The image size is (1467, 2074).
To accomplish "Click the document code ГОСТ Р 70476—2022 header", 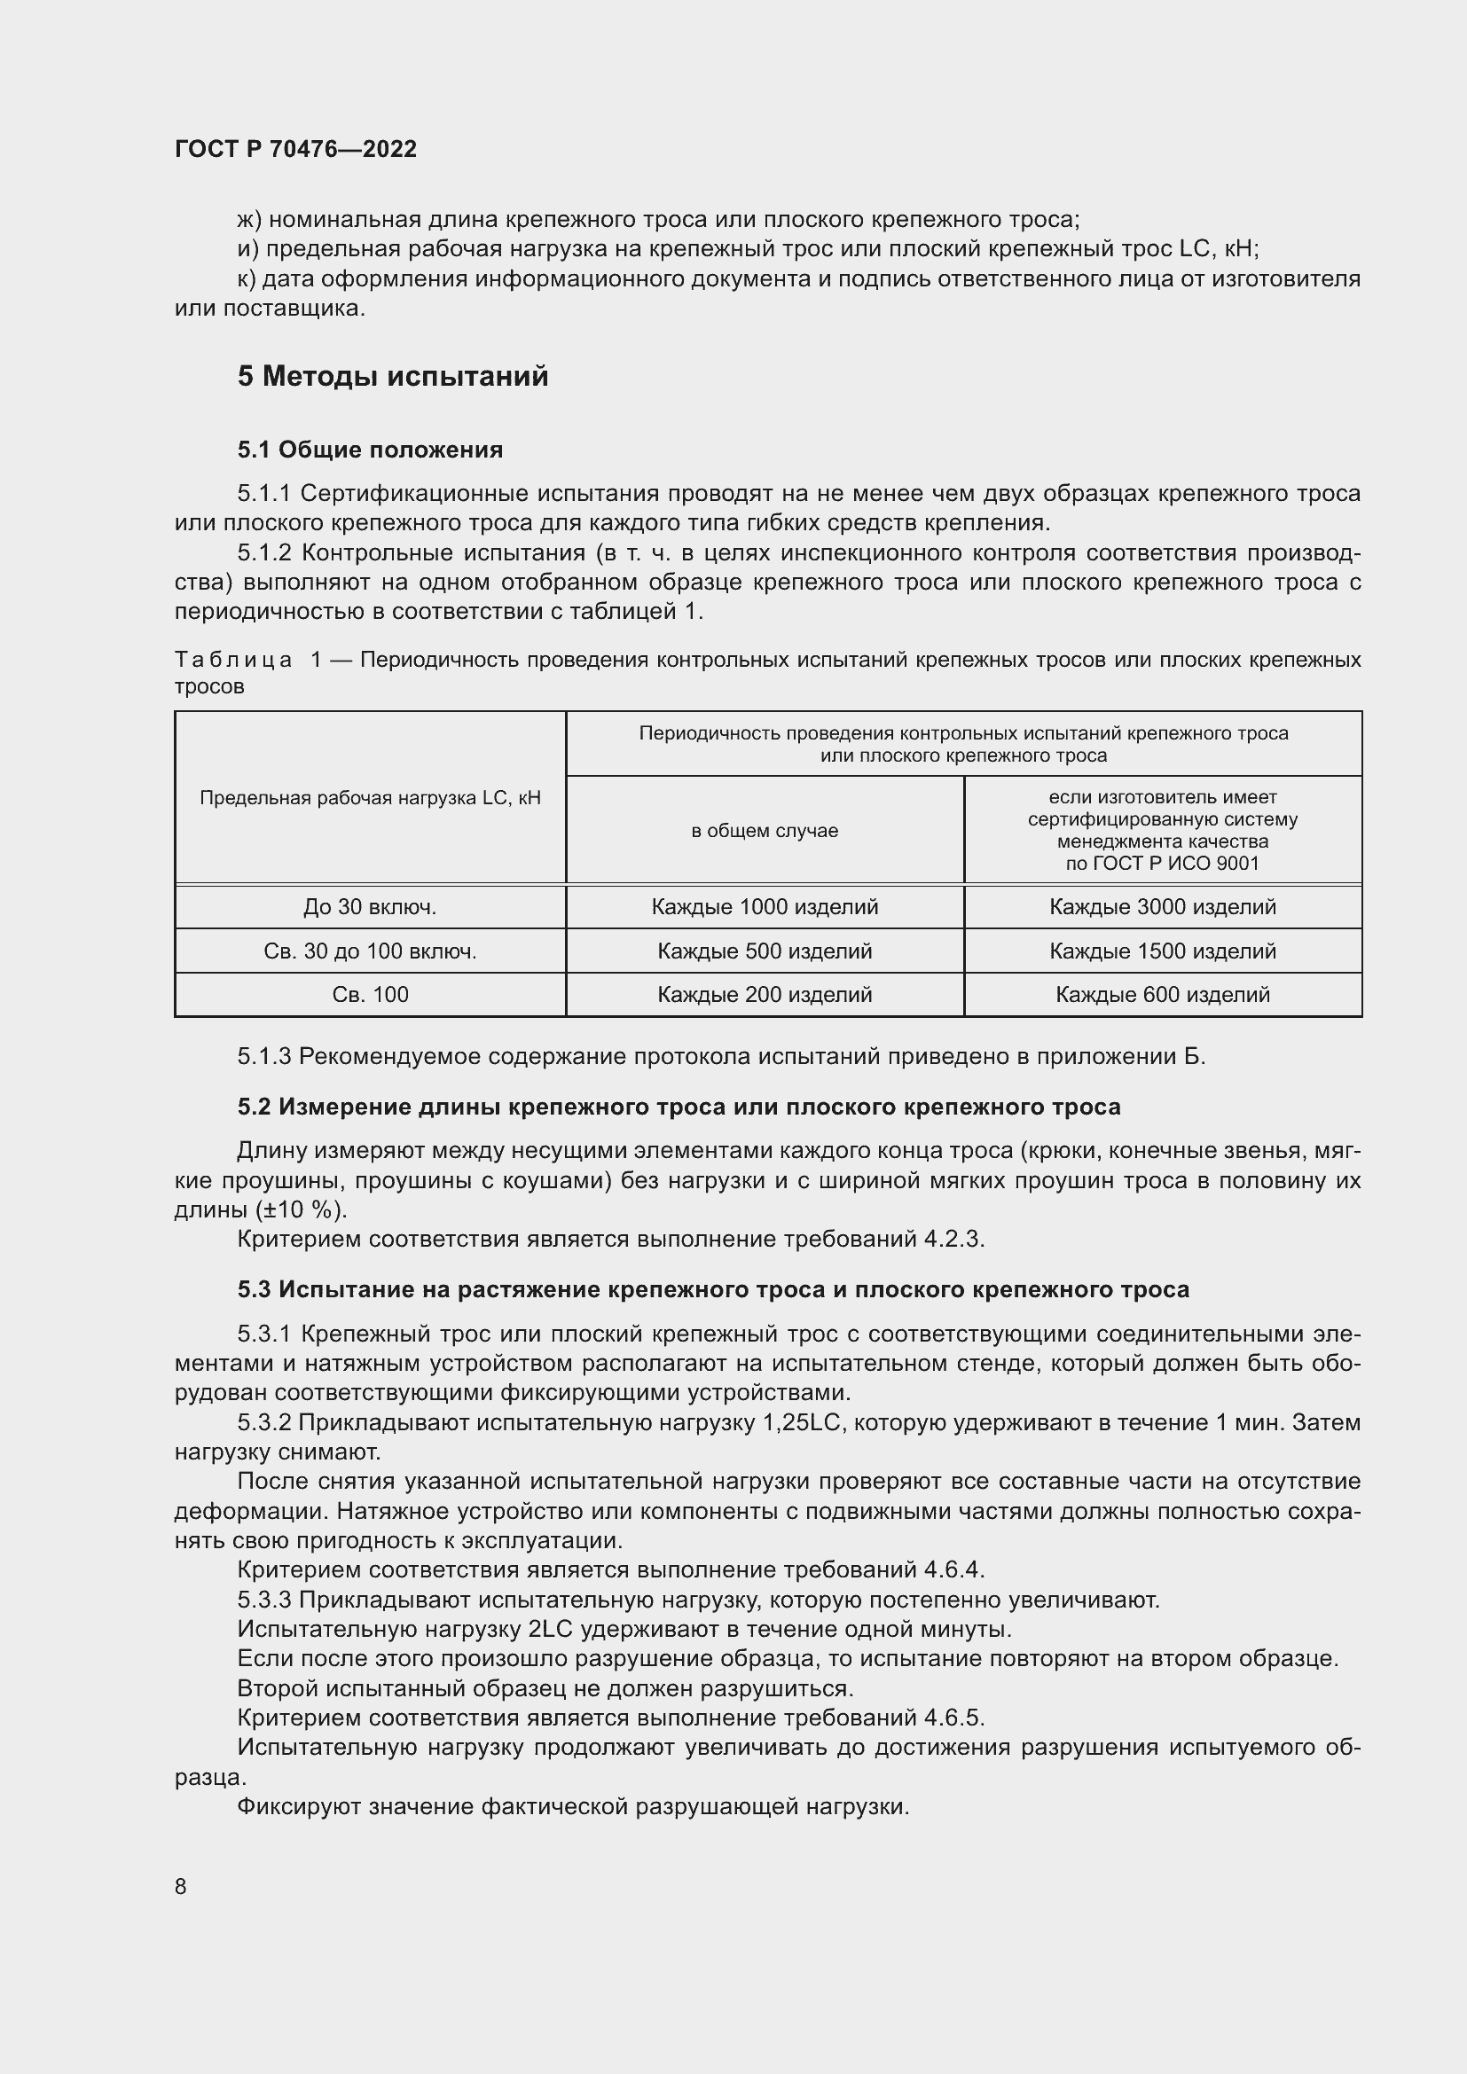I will click(x=295, y=149).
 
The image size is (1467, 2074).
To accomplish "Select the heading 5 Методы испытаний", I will click(x=392, y=376).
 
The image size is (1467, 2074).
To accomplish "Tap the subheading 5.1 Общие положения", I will click(x=370, y=450).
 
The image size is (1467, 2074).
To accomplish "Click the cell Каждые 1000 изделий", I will click(x=765, y=907).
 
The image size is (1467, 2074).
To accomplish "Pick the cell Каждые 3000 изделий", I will click(x=1163, y=907).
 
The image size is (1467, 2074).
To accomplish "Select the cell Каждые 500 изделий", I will click(x=765, y=951).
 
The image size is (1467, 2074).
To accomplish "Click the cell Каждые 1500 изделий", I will click(x=1163, y=951).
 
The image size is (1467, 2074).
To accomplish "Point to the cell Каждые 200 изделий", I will click(x=765, y=995).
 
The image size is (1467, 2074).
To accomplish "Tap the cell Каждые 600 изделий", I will click(x=1163, y=995).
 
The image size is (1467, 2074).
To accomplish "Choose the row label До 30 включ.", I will click(x=370, y=907).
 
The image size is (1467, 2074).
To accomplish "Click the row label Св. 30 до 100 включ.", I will click(x=370, y=951).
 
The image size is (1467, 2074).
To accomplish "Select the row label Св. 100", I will click(x=370, y=995).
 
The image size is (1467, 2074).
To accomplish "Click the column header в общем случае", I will click(x=765, y=830).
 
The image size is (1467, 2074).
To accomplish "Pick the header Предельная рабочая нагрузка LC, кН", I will click(x=370, y=798).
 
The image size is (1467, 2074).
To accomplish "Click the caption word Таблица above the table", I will click(x=233, y=661).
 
